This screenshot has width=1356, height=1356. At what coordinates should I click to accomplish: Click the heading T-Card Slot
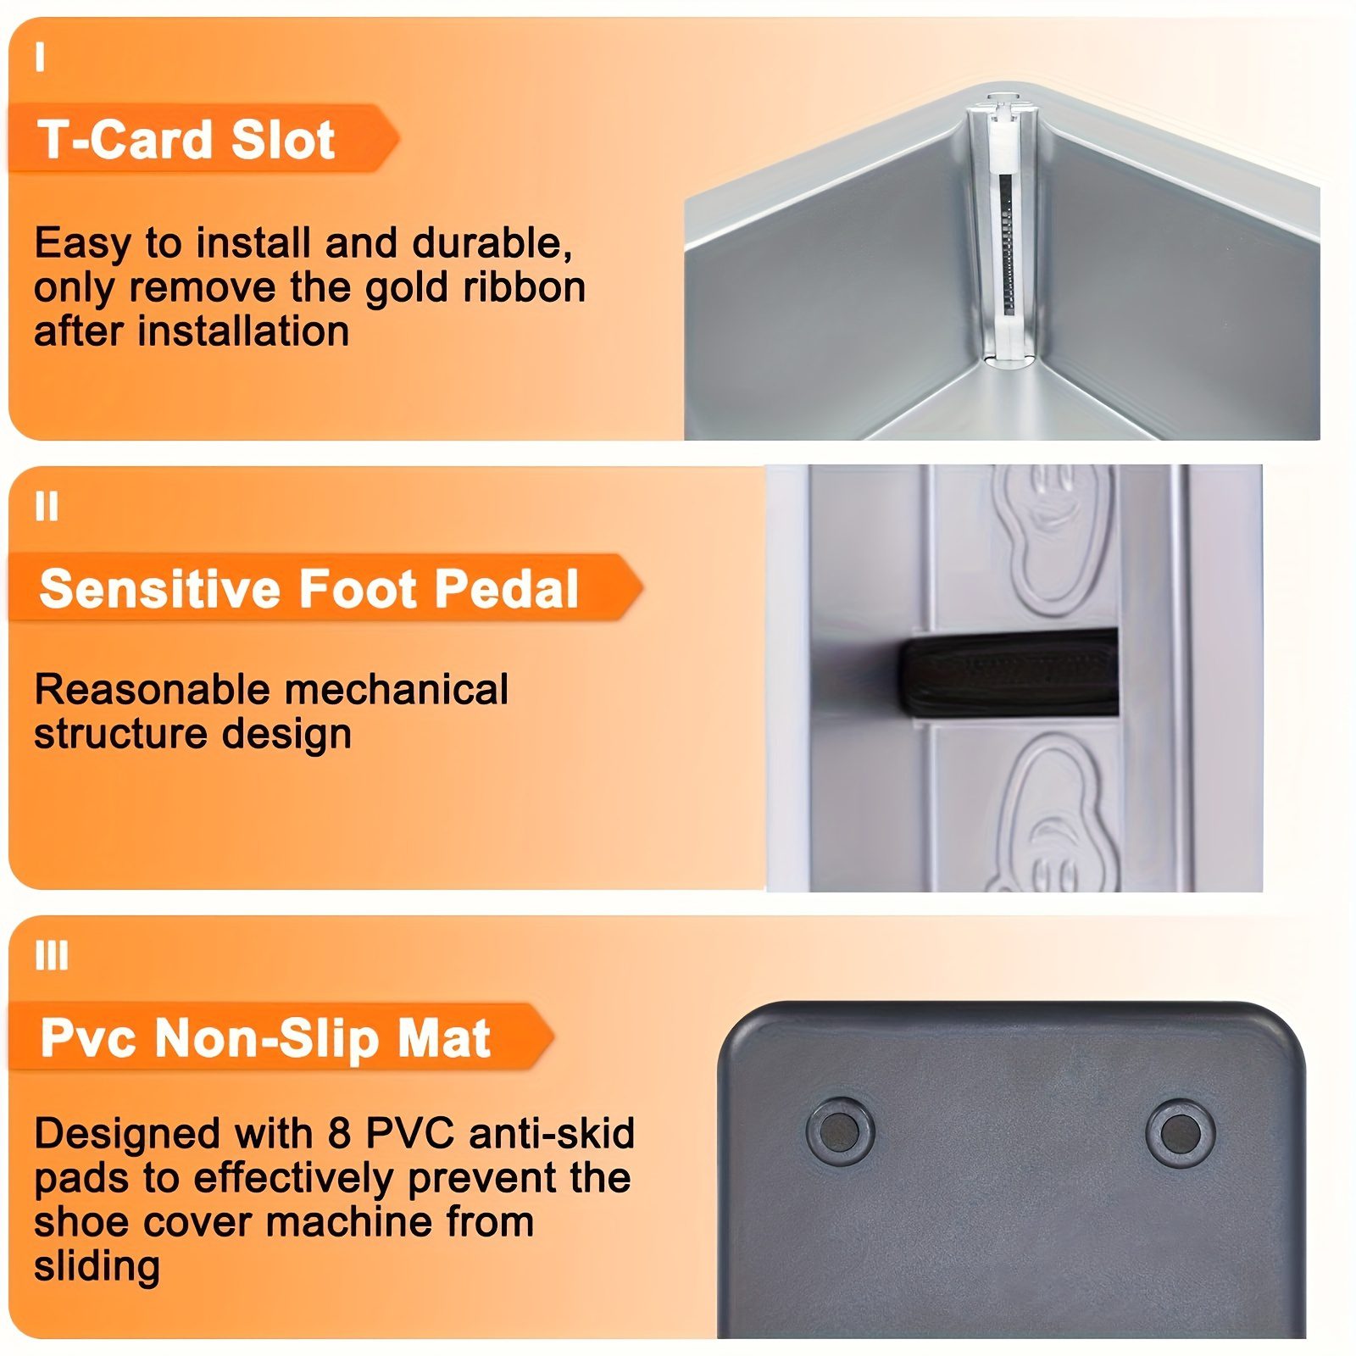(186, 139)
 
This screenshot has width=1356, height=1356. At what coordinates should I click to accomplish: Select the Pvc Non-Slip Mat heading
(265, 1039)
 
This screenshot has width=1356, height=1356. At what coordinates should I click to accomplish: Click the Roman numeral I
(40, 58)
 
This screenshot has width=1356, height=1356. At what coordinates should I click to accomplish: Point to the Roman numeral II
(47, 507)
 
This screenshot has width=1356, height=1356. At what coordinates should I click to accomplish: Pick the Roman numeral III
(52, 956)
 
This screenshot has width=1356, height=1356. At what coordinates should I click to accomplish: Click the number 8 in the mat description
(339, 1133)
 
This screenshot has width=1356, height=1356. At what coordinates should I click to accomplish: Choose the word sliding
(97, 1266)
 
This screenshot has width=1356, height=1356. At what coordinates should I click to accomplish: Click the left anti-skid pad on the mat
(840, 1131)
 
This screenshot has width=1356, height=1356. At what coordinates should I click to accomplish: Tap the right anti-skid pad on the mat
(1180, 1132)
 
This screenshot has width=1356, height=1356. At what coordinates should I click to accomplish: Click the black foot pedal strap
(1009, 674)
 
